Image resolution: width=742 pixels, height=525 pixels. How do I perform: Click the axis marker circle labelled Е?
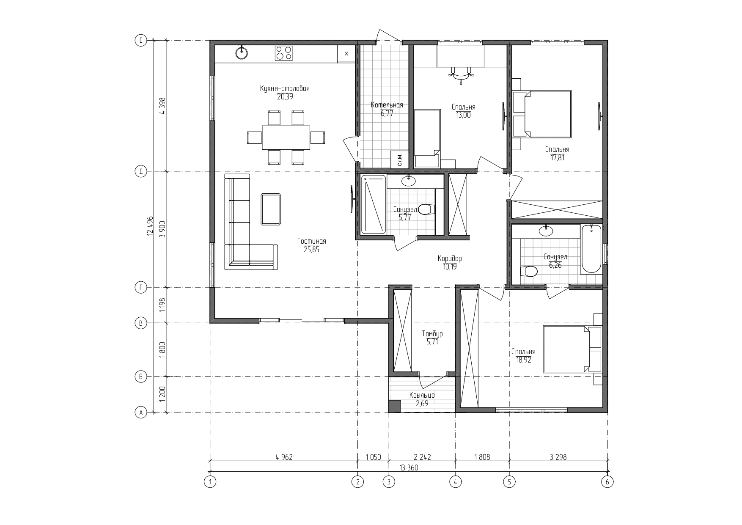[140, 41]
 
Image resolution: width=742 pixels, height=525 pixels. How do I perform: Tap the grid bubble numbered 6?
[607, 481]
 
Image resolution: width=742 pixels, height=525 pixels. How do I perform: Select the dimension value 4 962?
[284, 457]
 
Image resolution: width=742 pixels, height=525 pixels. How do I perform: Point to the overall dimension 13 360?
[409, 468]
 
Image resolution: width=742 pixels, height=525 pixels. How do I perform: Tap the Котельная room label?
[387, 105]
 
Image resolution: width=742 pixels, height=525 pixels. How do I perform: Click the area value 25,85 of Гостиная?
[311, 250]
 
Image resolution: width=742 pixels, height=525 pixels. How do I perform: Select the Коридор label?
[450, 258]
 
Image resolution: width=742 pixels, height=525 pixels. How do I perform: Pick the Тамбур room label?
[432, 334]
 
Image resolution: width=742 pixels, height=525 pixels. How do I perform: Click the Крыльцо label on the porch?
[422, 395]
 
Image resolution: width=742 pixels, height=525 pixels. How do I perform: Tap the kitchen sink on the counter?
[242, 52]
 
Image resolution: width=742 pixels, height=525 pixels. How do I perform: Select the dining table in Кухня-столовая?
[286, 137]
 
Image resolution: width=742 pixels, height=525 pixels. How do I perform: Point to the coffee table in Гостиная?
[271, 209]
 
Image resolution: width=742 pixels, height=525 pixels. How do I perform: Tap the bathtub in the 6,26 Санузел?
[591, 249]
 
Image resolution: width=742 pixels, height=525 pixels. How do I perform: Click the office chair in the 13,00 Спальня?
[461, 74]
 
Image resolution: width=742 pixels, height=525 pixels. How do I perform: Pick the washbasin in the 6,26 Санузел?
[546, 231]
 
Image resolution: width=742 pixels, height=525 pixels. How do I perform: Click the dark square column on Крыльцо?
[394, 407]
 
